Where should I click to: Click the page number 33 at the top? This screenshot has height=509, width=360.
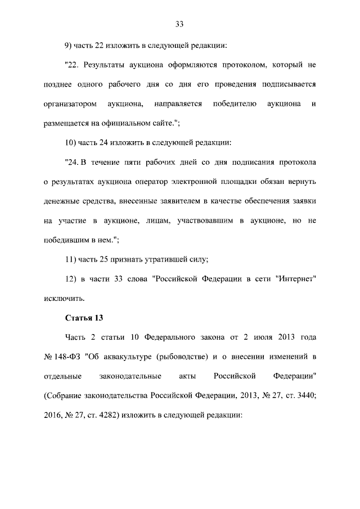(179, 24)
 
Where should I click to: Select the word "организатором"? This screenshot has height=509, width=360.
(69, 104)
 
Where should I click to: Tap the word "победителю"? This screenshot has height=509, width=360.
(235, 104)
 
